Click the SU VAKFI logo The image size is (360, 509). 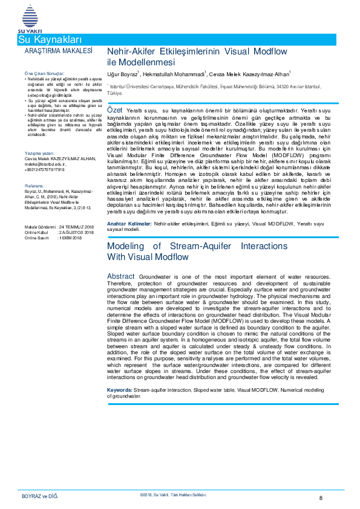point(28,18)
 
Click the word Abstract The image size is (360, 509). point(121,276)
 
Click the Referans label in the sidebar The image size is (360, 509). point(34,185)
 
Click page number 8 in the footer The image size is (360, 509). point(321,498)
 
